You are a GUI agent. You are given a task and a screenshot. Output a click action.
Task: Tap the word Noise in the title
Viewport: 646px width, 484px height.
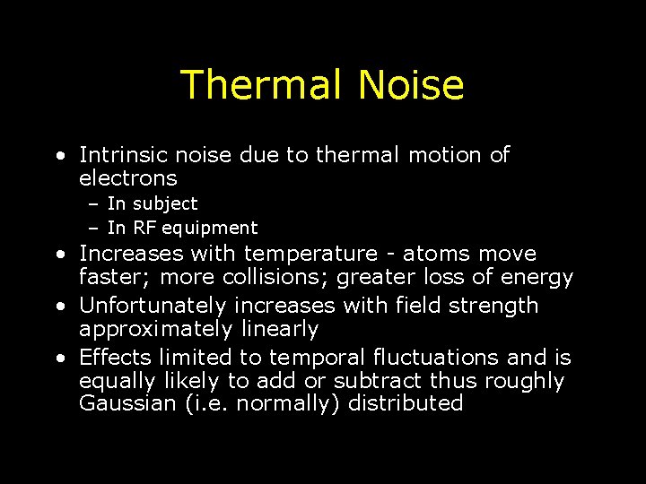[411, 85]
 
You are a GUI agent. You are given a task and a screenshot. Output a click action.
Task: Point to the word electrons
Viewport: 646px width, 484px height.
[128, 178]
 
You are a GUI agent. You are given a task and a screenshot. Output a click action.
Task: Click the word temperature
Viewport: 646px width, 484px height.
[310, 255]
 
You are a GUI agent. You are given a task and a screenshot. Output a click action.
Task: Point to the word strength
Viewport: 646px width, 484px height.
[498, 306]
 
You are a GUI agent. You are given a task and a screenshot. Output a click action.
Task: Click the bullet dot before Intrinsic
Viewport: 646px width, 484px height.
[58, 156]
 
